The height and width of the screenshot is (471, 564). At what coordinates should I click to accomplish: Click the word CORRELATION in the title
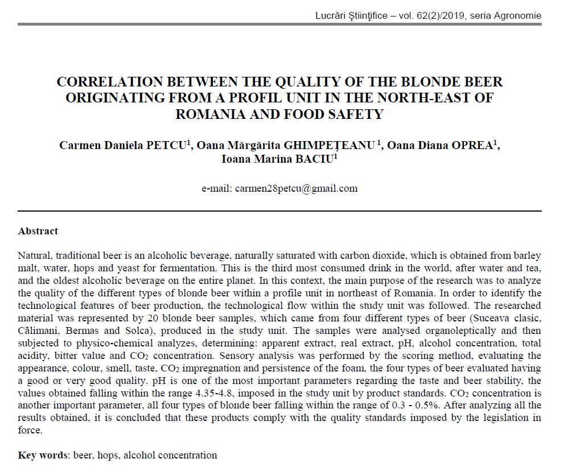pos(106,82)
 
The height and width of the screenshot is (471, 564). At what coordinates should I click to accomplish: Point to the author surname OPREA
pos(472,144)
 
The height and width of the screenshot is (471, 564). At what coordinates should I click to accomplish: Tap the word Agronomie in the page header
pos(514,15)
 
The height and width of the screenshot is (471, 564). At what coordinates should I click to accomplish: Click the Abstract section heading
pos(38,231)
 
